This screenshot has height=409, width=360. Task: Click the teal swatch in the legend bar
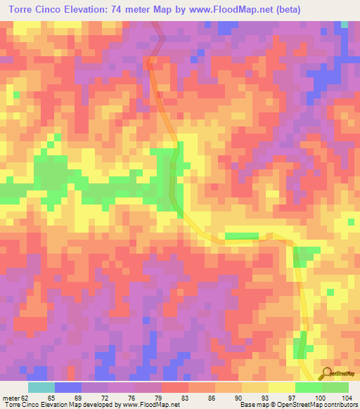[41, 387]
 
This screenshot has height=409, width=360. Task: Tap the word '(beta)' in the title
[300, 9]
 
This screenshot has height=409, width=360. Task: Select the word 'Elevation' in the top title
[89, 9]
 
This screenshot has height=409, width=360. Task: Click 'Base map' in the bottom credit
[250, 405]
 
